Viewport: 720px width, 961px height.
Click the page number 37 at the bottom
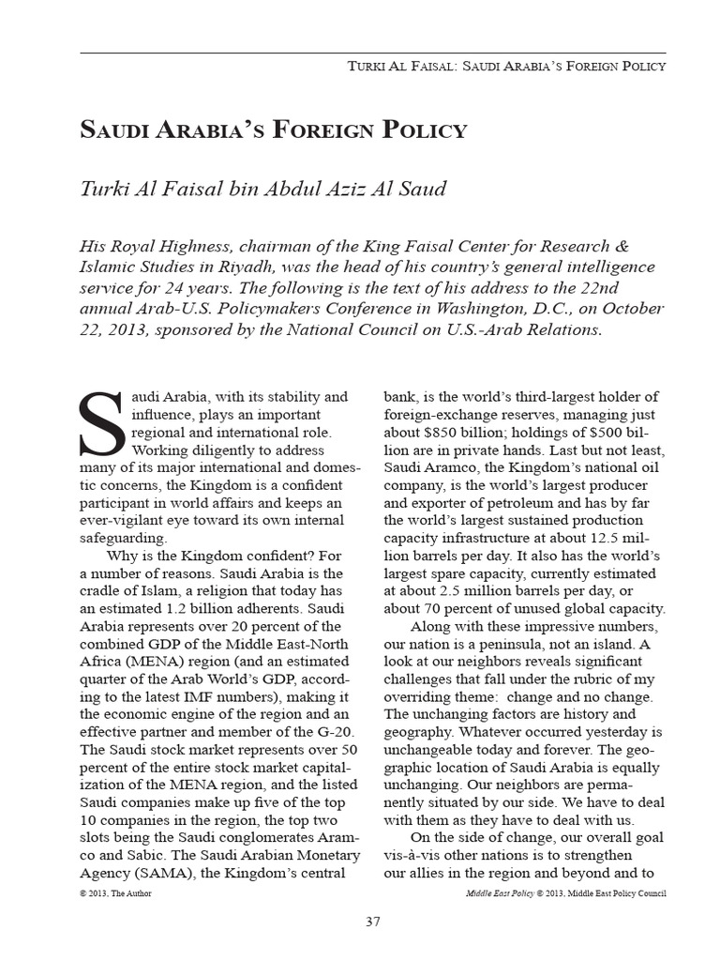point(372,922)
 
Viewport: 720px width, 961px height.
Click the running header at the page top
point(506,67)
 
